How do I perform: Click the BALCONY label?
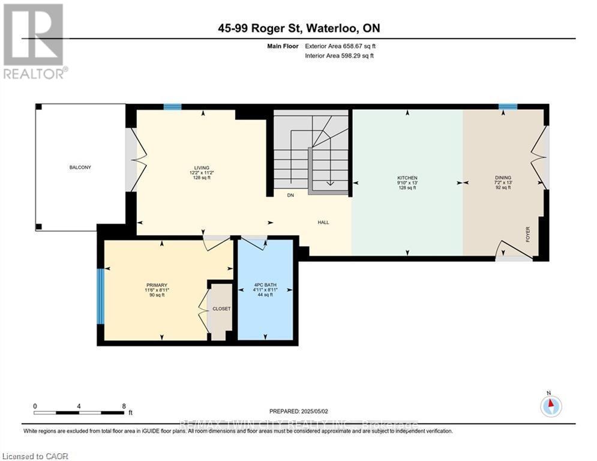coord(79,167)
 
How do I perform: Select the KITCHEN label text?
coord(406,178)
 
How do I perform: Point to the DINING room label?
coord(503,178)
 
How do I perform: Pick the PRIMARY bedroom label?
coord(156,285)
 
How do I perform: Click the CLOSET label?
coord(221,309)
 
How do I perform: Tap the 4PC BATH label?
coord(265,285)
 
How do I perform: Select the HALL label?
coord(323,223)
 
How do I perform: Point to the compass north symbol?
coord(550,406)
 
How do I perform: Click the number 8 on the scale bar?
coord(124,406)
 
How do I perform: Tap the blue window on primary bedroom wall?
coord(101,296)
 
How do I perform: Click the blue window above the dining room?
coord(508,107)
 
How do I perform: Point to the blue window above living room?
coord(173,107)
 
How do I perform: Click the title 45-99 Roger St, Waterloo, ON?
coord(299,28)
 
